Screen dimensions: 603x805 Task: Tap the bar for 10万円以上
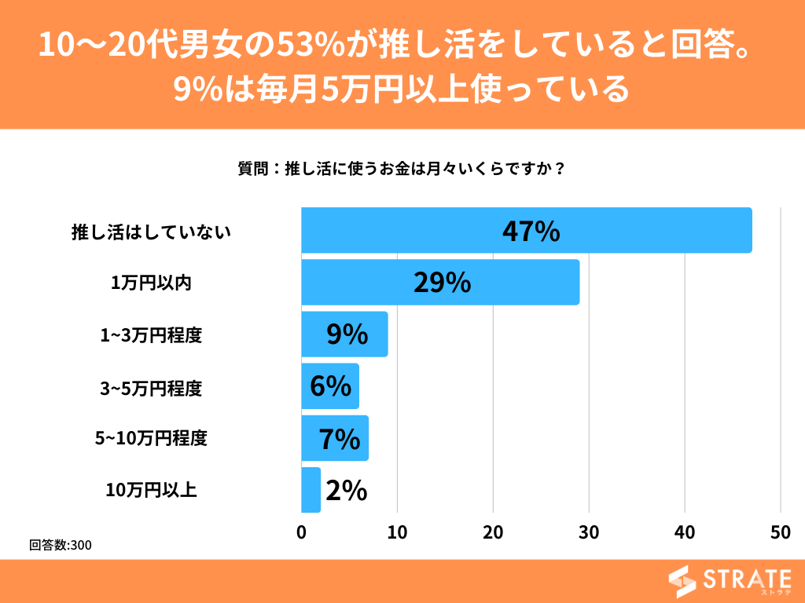311,490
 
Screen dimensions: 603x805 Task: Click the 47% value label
531,231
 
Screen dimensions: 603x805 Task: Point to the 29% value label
442,283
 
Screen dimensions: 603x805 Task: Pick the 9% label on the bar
347,334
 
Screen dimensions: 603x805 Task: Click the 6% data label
330,386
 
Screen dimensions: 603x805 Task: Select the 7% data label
339,439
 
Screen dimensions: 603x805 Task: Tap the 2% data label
347,491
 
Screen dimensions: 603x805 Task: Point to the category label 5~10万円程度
150,438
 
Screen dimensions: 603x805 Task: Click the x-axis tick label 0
302,532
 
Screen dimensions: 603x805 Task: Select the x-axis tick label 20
493,532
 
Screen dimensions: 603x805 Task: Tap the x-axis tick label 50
780,532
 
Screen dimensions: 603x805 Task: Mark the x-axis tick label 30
589,532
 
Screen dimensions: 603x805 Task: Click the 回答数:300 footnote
60,545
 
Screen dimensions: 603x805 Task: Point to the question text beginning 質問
402,168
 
